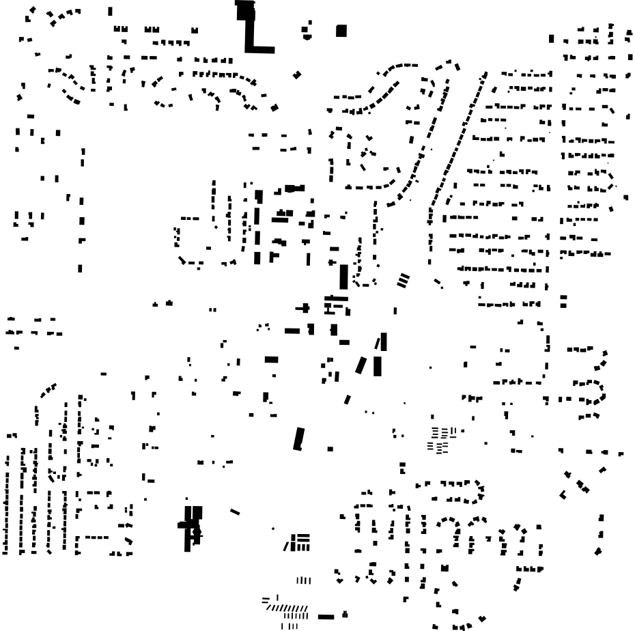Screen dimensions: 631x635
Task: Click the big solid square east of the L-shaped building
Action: click(341, 31)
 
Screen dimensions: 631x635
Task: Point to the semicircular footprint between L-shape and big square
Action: click(307, 29)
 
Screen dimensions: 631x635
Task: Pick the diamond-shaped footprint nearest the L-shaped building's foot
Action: click(297, 74)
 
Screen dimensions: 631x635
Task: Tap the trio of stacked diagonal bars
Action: click(403, 279)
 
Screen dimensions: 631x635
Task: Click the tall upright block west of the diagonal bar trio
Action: click(344, 277)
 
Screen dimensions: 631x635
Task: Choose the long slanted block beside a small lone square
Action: click(298, 438)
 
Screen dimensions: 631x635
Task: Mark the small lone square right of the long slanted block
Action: click(330, 449)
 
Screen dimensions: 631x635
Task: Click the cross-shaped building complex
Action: click(192, 526)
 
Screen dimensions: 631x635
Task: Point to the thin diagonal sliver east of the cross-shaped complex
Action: click(235, 511)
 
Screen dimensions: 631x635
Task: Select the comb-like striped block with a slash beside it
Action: click(299, 543)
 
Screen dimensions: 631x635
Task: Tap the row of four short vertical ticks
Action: click(303, 580)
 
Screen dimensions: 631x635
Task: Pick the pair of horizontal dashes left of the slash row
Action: click(266, 600)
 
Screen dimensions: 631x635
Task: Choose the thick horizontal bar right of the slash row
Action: click(326, 617)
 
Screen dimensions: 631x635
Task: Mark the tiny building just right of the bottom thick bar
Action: click(345, 613)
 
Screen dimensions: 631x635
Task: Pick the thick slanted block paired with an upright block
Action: click(361, 365)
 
